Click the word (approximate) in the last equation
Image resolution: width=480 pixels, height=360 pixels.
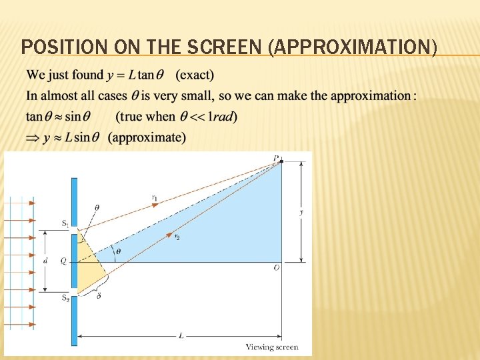click(147, 137)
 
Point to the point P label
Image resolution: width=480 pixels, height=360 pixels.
click(276, 157)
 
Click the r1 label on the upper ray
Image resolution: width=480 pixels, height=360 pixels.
click(154, 197)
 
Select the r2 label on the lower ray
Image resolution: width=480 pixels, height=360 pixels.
click(177, 237)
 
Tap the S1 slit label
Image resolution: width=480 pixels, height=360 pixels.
click(65, 225)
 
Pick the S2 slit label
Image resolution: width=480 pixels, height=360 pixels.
click(65, 297)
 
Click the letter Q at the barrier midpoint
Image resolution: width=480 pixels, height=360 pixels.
click(63, 261)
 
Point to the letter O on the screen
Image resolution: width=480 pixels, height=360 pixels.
click(276, 267)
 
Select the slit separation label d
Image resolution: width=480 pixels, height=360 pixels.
click(45, 261)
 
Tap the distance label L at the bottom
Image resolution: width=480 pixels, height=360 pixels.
click(181, 335)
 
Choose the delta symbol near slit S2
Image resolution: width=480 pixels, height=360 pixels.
click(99, 295)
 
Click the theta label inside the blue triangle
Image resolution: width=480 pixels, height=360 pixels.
click(119, 251)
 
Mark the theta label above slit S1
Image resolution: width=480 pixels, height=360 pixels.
click(97, 208)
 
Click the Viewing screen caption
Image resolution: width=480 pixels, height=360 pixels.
click(272, 347)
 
